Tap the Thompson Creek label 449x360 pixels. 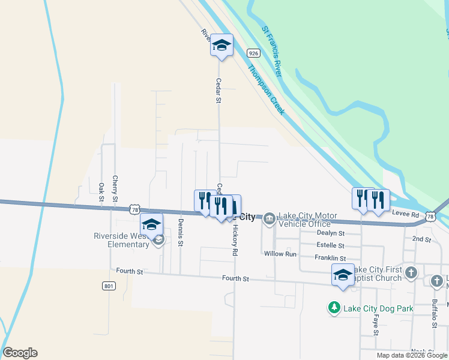266,91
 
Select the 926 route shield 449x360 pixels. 253,53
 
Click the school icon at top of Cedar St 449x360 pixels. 221,45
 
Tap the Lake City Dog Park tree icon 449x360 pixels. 334,308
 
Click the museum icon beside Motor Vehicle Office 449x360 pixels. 270,218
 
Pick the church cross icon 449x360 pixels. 411,273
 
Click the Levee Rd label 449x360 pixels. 406,214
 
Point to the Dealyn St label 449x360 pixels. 331,233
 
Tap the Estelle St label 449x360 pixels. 330,245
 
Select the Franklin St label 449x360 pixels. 330,257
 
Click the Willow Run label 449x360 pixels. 280,254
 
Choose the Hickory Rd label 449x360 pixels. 235,239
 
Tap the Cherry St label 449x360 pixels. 115,188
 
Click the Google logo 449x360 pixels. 20,353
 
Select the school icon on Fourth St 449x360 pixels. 343,274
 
